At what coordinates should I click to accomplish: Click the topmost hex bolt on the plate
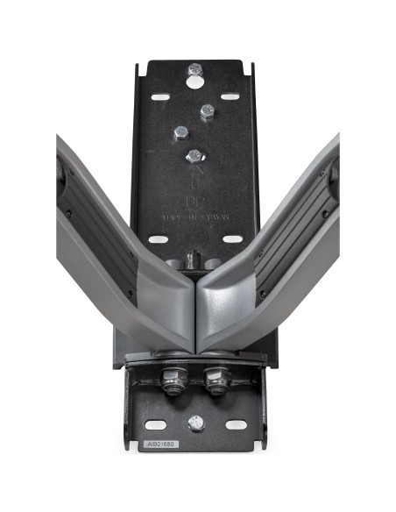tap(194, 69)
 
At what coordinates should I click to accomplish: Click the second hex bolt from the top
tap(208, 111)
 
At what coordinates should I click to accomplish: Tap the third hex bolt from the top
tap(180, 133)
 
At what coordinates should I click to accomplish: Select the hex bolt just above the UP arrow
tap(194, 156)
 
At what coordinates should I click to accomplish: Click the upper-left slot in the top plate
tap(159, 96)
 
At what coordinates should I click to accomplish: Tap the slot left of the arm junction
tap(158, 238)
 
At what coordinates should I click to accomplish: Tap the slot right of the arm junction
tap(232, 238)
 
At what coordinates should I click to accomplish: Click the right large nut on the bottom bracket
tap(215, 380)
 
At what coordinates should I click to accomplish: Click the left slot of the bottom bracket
tap(156, 424)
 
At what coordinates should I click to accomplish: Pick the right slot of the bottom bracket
tap(237, 424)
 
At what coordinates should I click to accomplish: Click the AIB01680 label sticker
tap(159, 444)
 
